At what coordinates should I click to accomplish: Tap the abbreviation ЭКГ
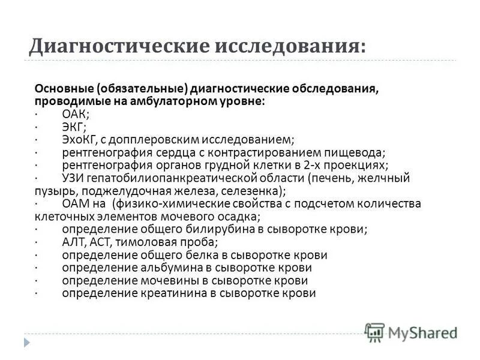(73, 126)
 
